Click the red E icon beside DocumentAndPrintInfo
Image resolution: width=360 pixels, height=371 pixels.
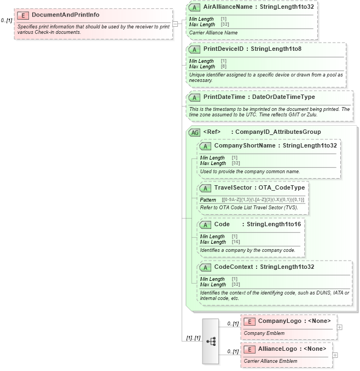pos(24,15)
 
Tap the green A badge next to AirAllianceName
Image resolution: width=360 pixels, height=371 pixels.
pos(194,7)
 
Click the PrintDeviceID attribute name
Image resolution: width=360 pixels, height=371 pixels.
pos(223,49)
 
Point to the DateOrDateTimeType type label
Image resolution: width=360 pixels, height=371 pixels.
pos(283,97)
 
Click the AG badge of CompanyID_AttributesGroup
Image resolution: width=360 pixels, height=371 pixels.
pos(194,132)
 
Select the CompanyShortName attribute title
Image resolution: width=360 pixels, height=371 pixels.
pos(246,146)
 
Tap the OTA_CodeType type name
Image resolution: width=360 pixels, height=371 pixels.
pos(282,187)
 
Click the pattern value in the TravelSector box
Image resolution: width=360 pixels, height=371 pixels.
pos(263,200)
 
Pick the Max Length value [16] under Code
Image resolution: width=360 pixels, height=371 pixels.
pos(236,242)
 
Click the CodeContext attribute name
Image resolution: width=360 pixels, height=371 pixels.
pos(234,267)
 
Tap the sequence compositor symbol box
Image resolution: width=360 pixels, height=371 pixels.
pos(210,341)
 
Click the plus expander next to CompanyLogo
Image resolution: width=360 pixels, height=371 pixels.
pos(340,327)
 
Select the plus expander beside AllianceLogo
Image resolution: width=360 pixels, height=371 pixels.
pos(335,355)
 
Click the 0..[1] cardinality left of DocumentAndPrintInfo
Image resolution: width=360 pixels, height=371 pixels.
pos(7,20)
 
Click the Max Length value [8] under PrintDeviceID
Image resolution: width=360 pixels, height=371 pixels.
pos(223,67)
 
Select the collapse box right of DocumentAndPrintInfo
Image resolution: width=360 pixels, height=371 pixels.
pos(175,24)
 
